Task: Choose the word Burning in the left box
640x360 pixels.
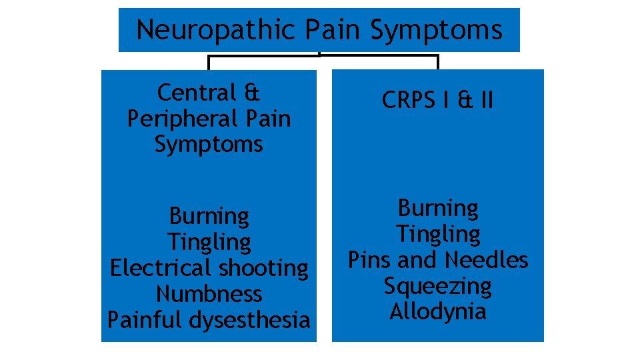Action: point(209,216)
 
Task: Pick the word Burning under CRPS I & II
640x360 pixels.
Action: point(438,209)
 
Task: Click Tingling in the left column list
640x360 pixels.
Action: point(209,242)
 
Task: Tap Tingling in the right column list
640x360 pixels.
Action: point(438,235)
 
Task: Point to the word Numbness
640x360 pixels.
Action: point(209,294)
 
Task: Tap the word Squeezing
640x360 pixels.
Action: point(438,286)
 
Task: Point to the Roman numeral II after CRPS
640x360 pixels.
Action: point(485,100)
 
